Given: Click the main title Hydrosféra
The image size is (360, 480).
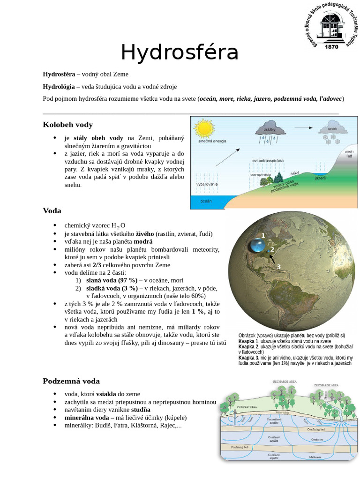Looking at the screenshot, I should click(180, 52).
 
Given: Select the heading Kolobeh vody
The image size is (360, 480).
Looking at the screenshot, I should click(67, 125).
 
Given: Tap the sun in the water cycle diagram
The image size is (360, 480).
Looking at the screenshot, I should click(204, 127).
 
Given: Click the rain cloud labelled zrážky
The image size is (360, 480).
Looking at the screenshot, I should click(269, 130).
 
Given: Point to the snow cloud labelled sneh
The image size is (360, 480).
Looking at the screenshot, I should click(332, 129).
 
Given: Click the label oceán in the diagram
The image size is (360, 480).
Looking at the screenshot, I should click(206, 201).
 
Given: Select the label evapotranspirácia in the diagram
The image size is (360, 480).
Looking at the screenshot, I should click(268, 160).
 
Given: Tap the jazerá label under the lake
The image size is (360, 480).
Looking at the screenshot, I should click(320, 178).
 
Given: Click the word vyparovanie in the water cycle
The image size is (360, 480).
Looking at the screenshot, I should click(207, 184).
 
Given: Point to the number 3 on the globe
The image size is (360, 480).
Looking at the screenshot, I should click(278, 267).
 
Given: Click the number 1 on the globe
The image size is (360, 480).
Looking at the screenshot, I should click(263, 235).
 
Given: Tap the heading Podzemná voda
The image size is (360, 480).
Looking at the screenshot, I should click(71, 381).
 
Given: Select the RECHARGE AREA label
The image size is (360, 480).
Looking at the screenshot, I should click(285, 382).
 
